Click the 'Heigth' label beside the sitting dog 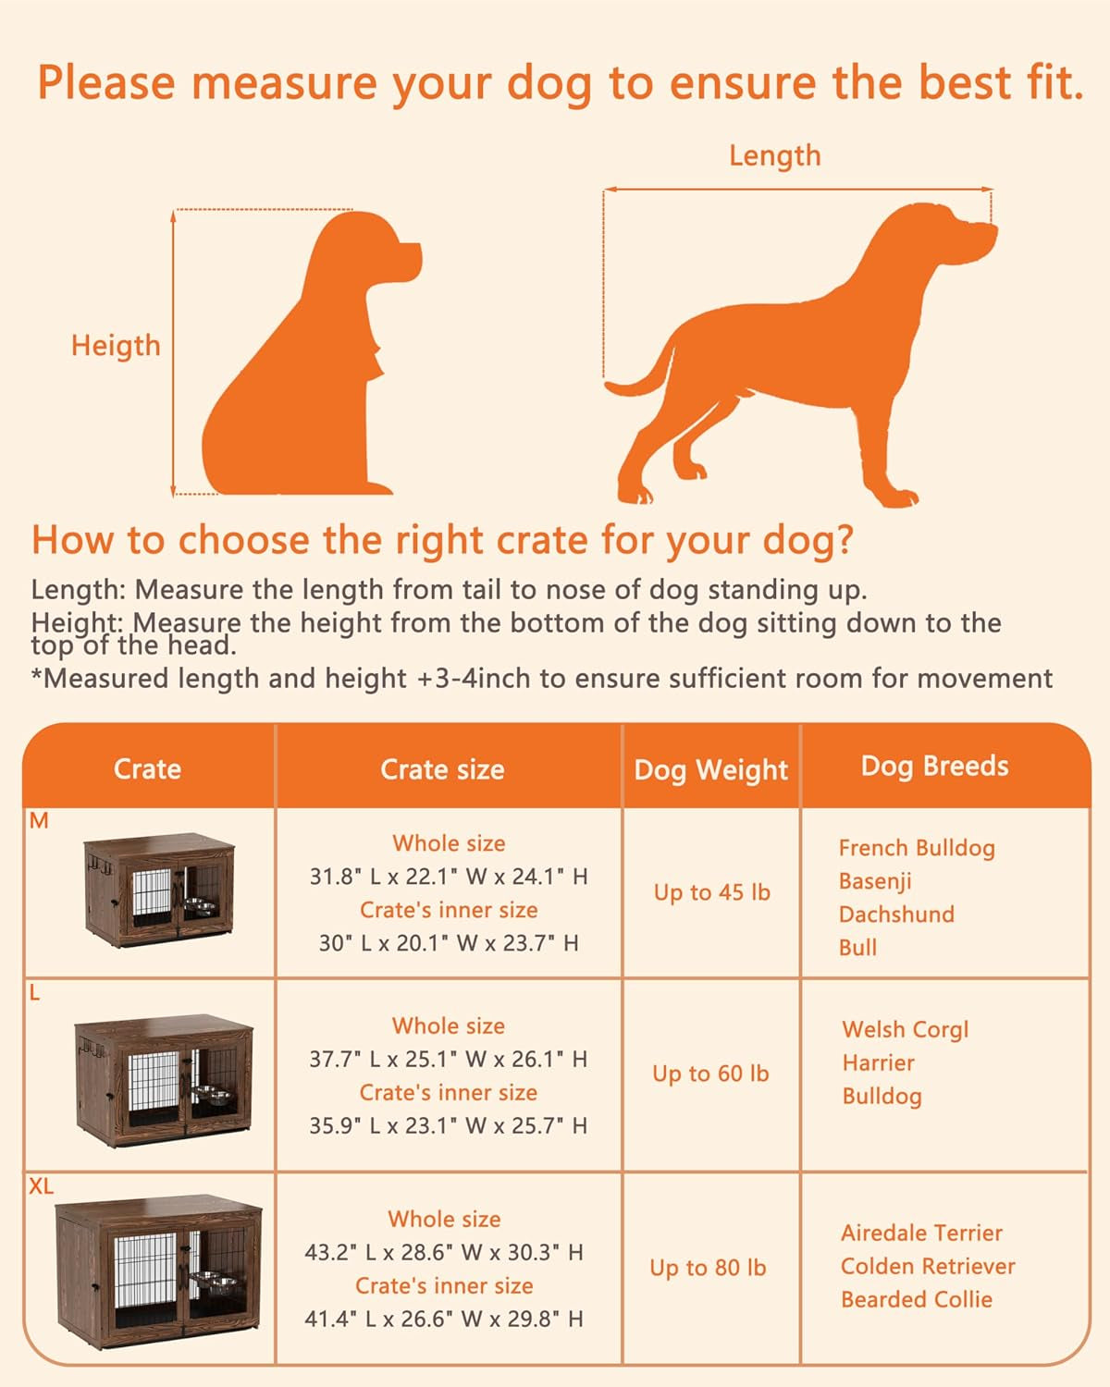tap(116, 345)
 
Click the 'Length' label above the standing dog tap(774, 155)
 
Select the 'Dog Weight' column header tap(710, 769)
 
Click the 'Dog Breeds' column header tap(934, 766)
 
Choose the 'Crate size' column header tap(442, 769)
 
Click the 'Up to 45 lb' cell tap(711, 892)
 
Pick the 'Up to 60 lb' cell tap(710, 1074)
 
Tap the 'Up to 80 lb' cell tap(708, 1268)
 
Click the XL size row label tap(42, 1186)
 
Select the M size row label tap(39, 821)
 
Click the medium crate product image tap(158, 890)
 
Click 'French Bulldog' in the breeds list tap(917, 848)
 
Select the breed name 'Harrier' tap(878, 1062)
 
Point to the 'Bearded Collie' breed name tap(916, 1299)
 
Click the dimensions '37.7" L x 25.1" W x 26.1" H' tap(448, 1059)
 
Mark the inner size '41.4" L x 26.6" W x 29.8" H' tap(444, 1319)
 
